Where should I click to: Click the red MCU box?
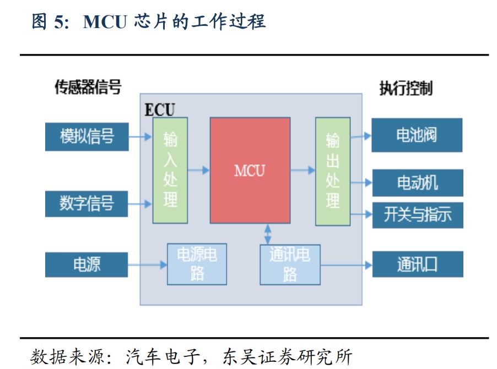(250, 170)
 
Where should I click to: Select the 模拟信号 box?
(87, 136)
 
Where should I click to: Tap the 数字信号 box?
(87, 203)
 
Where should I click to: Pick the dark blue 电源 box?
(87, 265)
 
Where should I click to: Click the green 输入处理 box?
(170, 170)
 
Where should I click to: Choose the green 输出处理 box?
(332, 171)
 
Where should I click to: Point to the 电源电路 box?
(197, 264)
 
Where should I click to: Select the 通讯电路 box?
(290, 264)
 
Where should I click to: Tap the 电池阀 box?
(417, 135)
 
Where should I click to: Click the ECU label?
(159, 109)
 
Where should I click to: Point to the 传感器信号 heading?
(88, 87)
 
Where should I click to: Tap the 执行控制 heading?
(406, 88)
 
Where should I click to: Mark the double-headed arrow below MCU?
(268, 234)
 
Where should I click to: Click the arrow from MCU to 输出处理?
(302, 170)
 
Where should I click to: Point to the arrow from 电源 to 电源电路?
(148, 265)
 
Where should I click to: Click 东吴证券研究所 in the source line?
(287, 356)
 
